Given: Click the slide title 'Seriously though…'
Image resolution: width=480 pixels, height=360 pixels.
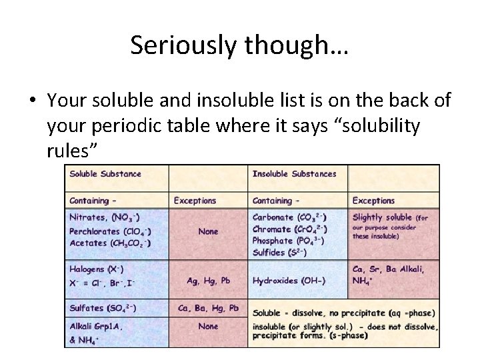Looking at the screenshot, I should pos(239,45).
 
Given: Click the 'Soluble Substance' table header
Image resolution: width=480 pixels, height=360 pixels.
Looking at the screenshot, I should pos(105,174).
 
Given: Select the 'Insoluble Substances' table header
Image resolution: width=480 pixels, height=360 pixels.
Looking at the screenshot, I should pos(294,174).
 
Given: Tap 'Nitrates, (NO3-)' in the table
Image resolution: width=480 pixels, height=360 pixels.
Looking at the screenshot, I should pos(103,217).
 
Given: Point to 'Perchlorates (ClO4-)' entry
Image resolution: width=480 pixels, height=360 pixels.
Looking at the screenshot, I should pos(110,231).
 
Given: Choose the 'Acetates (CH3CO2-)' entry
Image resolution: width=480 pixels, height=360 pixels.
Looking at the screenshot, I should pos(110,243).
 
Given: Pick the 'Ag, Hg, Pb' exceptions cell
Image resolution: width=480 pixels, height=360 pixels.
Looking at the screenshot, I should pos(208,281).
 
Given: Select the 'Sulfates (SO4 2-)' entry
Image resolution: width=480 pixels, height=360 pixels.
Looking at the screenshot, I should pos(103,308).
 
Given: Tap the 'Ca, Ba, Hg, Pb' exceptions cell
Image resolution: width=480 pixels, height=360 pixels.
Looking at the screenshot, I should pos(208,308).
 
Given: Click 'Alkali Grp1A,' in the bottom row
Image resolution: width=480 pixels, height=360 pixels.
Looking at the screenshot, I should pos(96,326).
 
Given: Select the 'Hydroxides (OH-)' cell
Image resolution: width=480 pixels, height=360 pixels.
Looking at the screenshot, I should pos(289,281).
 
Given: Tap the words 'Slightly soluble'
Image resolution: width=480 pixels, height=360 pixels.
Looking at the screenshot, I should pos(382,217).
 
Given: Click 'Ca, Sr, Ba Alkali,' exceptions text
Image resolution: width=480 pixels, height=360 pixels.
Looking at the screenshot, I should pos(388,269).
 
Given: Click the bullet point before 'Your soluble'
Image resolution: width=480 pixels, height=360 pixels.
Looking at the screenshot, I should pos(31,101).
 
